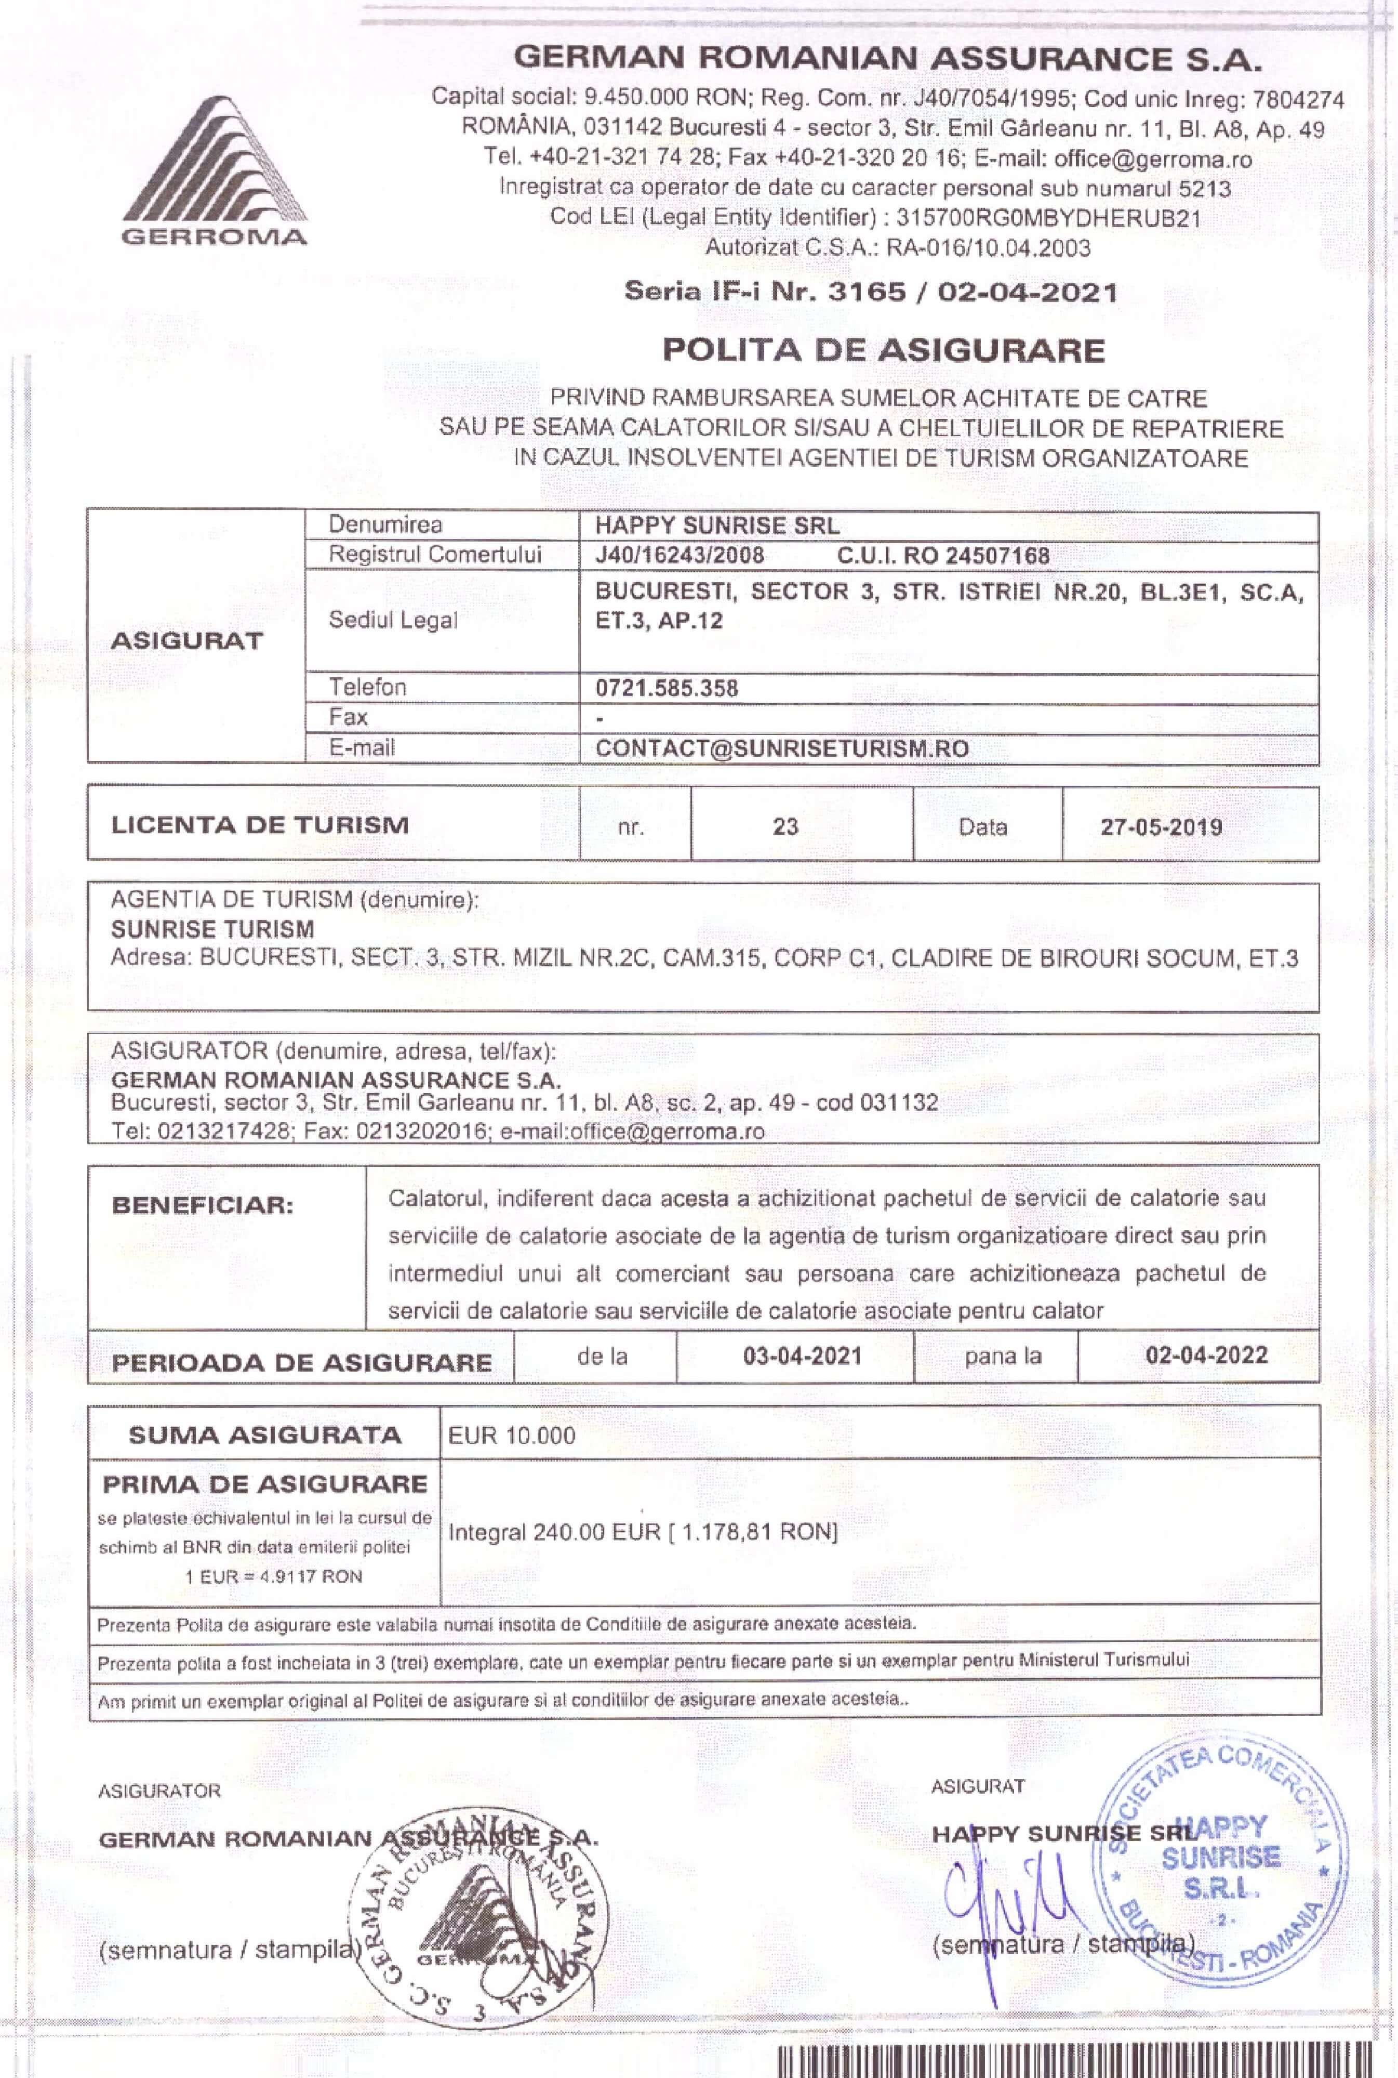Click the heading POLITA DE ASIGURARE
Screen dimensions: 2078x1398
pyautogui.click(x=883, y=350)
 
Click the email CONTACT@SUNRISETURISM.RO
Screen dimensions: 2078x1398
pyautogui.click(x=782, y=748)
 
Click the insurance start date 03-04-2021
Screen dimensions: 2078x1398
pyautogui.click(x=803, y=1357)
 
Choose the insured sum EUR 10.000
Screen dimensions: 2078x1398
pyautogui.click(x=512, y=1436)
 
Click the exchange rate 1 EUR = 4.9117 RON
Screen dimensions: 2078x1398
pyautogui.click(x=274, y=1576)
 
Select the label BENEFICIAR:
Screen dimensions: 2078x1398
pyautogui.click(x=203, y=1206)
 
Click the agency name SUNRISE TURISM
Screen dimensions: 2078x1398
pyautogui.click(x=212, y=929)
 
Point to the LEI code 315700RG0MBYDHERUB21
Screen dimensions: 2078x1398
pyautogui.click(x=1048, y=218)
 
